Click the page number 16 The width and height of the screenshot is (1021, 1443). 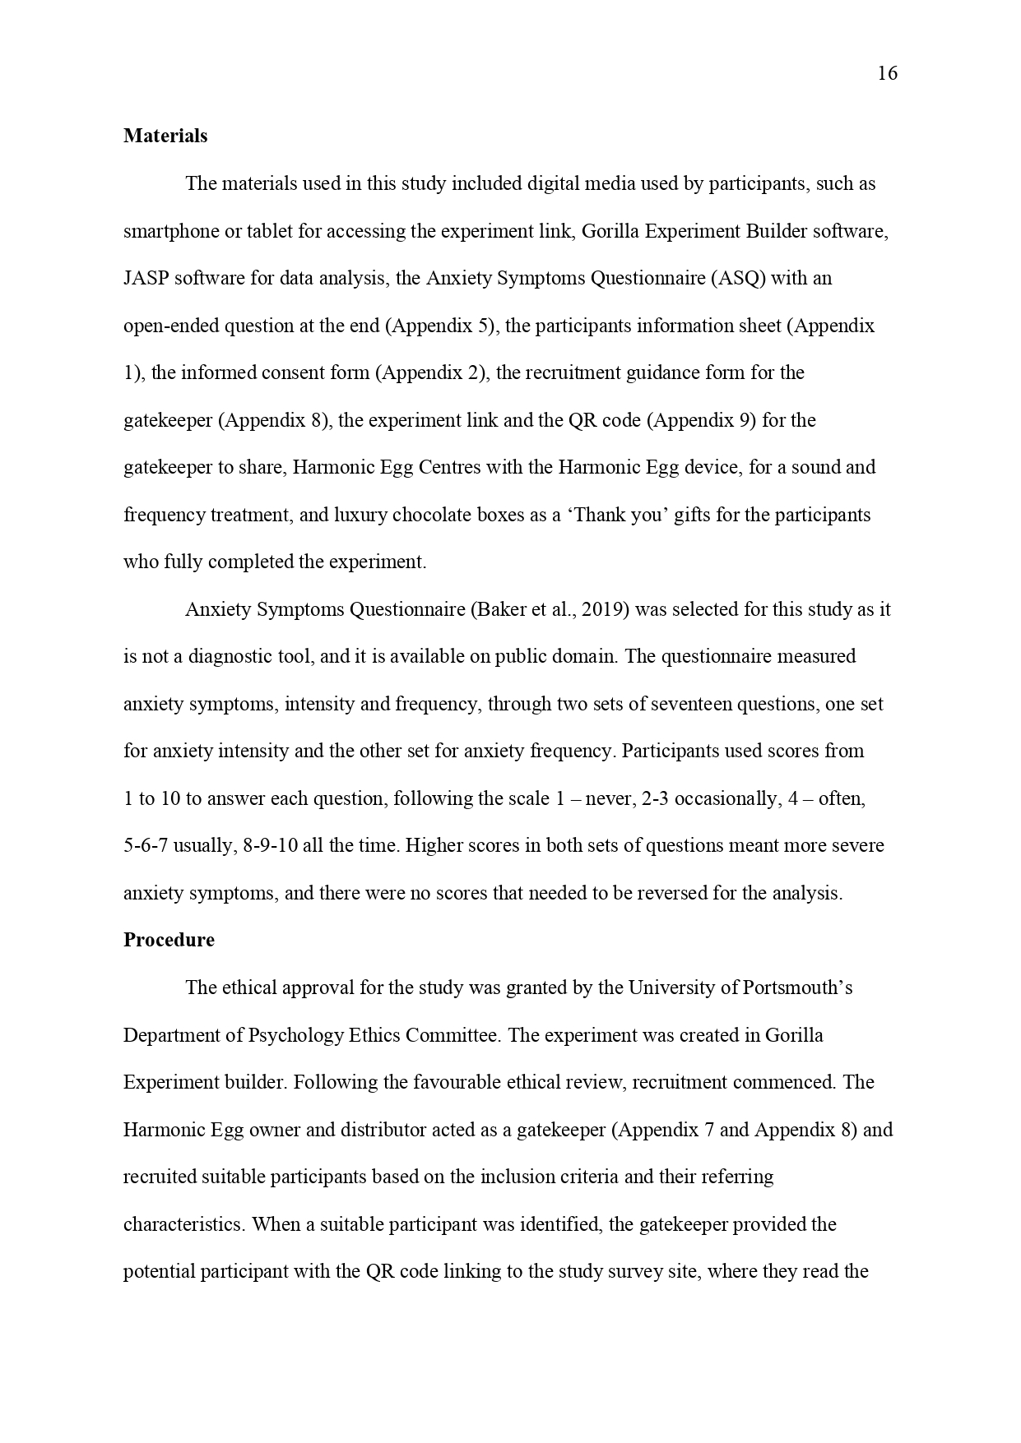click(x=887, y=74)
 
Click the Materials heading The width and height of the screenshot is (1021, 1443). click(x=165, y=136)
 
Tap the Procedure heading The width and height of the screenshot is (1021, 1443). click(x=169, y=940)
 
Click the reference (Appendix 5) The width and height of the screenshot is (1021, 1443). click(x=441, y=326)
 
